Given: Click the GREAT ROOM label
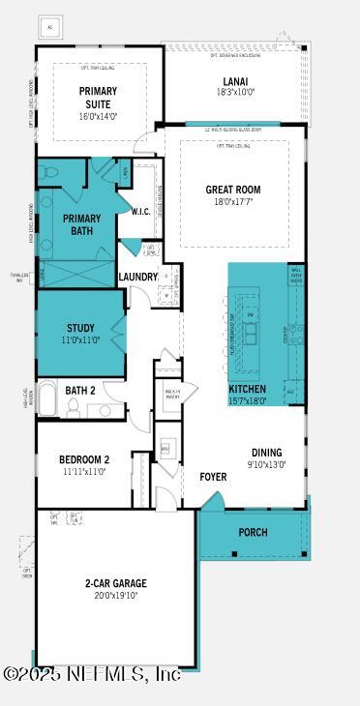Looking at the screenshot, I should coord(233,190).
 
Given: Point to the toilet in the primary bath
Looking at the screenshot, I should coord(50,173).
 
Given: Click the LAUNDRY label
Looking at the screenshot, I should coord(137,277).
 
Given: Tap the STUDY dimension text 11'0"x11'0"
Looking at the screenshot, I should coord(80,340).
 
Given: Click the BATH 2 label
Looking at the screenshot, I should coord(79,391).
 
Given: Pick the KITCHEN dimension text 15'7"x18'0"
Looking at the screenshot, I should coord(247,400).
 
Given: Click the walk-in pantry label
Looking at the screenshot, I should coord(172,395).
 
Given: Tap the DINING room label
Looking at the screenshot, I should coord(266,452).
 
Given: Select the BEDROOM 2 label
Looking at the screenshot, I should coord(83,459).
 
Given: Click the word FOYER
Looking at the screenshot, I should coord(213,477).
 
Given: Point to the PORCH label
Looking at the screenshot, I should coord(253,532).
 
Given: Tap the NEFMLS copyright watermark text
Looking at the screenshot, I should coord(91,673).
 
